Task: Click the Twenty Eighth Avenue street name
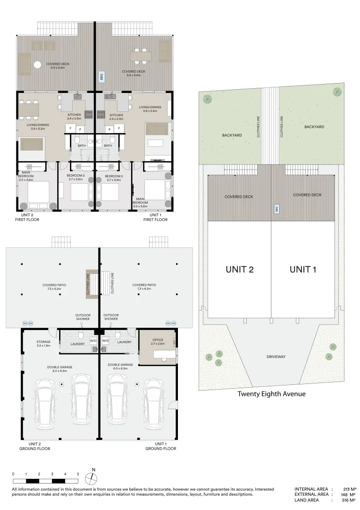pos(271,394)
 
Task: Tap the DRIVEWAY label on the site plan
pos(276,357)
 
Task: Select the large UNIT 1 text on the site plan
pos(302,270)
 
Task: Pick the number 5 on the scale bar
pos(78,473)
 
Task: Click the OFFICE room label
pos(158,339)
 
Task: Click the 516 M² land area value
pos(349,500)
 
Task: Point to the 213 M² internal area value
pos(349,489)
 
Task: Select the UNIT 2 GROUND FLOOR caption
pos(34,446)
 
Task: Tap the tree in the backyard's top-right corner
pos(337,92)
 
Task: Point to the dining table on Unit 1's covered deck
pos(141,56)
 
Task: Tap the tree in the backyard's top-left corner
pos(207,99)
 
